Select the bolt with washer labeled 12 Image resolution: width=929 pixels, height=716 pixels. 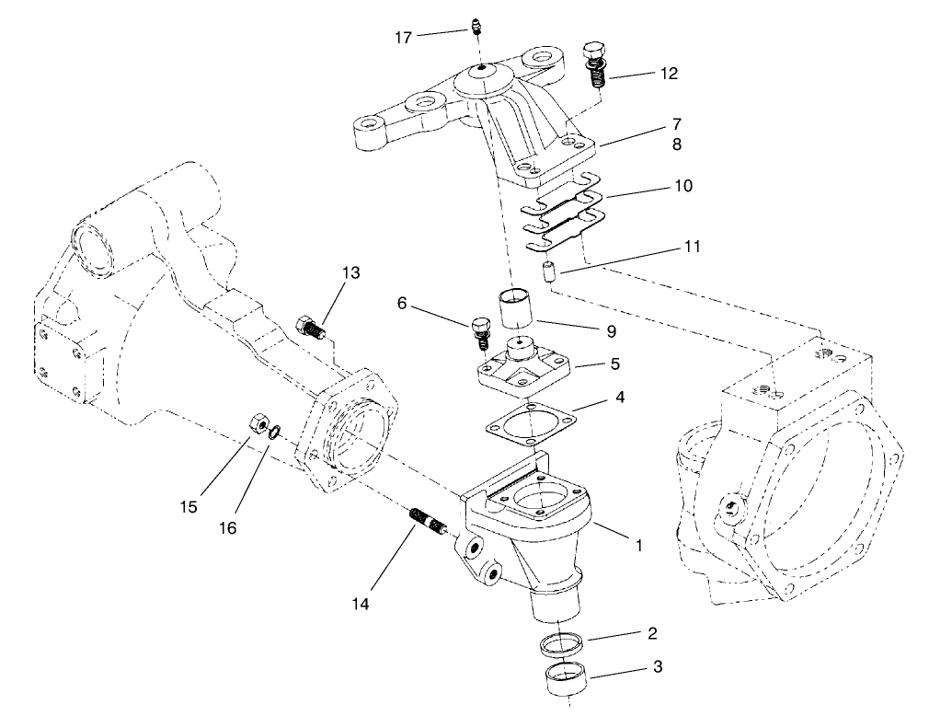pyautogui.click(x=595, y=65)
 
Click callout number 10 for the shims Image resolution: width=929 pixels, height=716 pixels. pyautogui.click(x=682, y=186)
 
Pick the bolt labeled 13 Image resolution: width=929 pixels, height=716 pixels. pyautogui.click(x=311, y=327)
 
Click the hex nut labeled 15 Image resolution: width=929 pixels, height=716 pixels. pyautogui.click(x=259, y=424)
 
